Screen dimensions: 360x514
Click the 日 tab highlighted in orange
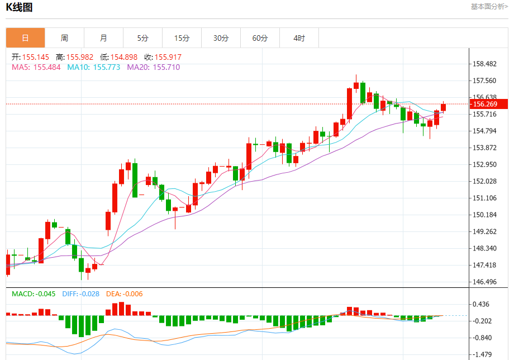tap(25, 38)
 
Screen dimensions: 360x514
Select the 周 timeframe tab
tap(64, 38)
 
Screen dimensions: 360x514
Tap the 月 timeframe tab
tap(103, 38)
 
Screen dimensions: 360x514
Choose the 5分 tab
tap(142, 38)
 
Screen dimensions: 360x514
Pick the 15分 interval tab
tap(182, 38)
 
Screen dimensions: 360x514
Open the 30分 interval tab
tap(221, 38)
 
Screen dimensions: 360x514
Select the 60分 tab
tap(260, 38)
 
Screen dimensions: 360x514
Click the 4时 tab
tap(299, 38)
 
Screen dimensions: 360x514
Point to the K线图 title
tap(19, 7)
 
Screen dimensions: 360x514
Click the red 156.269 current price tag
tap(484, 104)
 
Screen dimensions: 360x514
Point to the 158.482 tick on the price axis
tap(484, 64)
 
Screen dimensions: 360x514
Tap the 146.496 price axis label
tap(484, 282)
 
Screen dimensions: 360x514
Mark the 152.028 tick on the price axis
tap(484, 181)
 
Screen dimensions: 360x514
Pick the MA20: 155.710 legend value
tap(153, 67)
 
